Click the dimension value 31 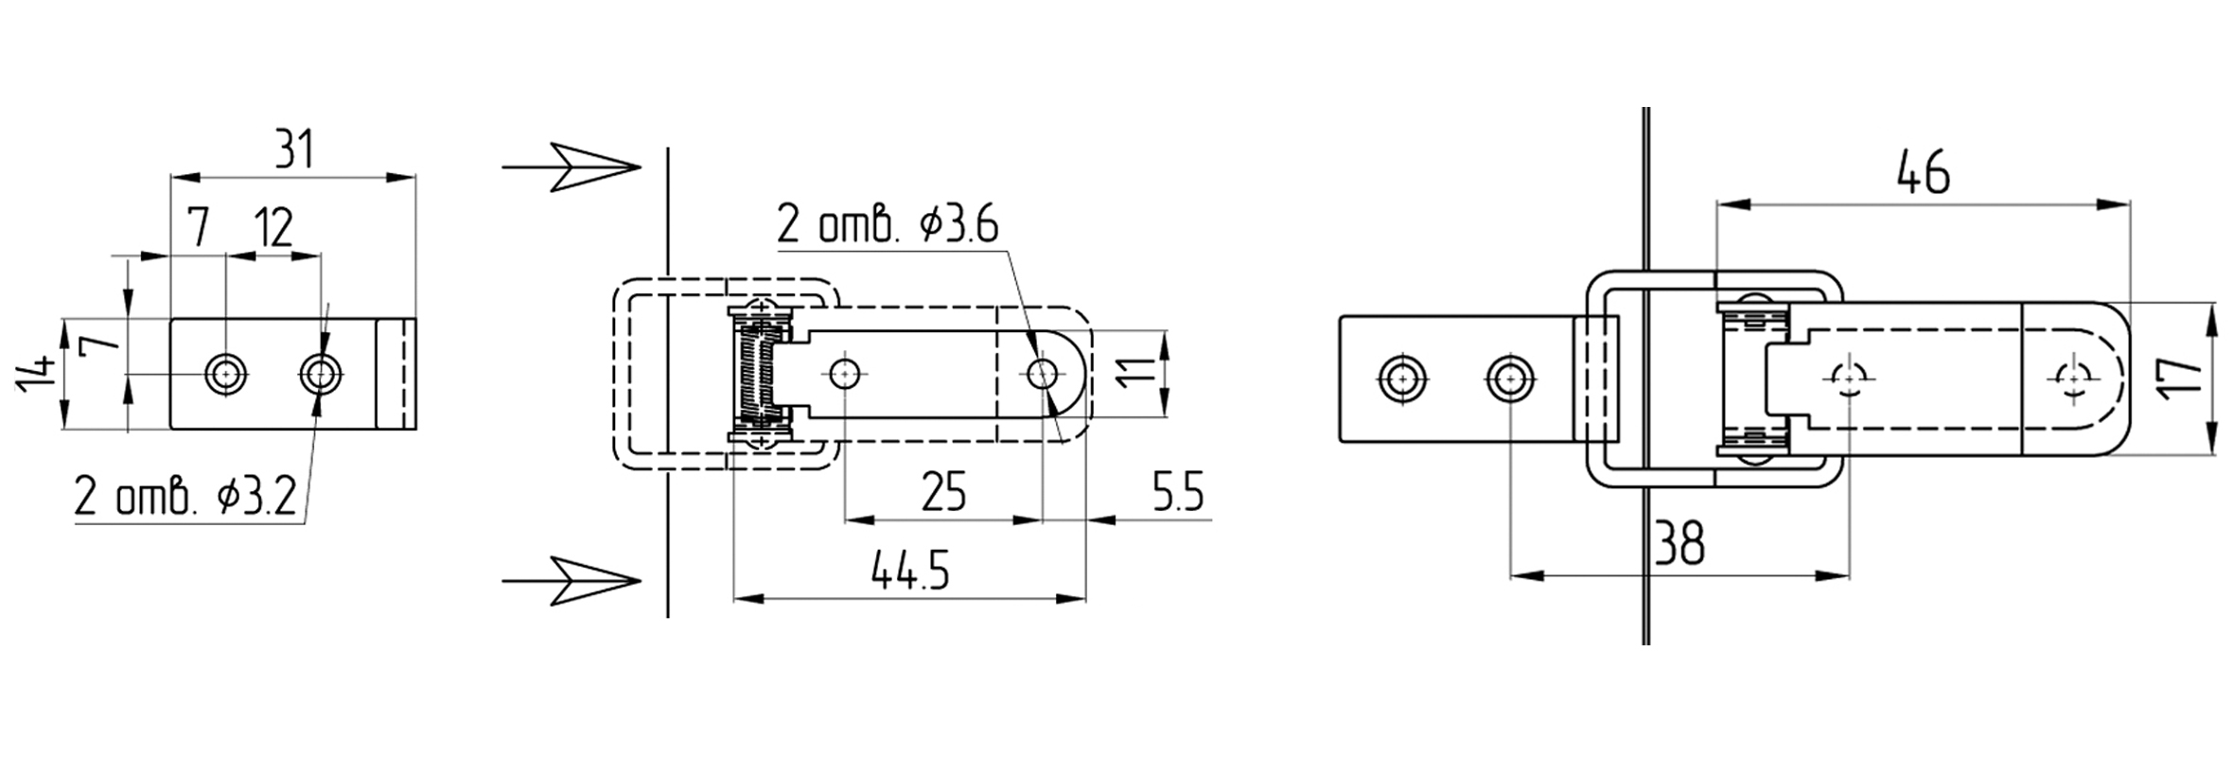coord(293,150)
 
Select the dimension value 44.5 coord(909,572)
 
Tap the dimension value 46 coord(1923,174)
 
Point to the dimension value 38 coord(1679,544)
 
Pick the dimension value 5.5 coord(1177,493)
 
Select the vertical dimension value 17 coord(2177,379)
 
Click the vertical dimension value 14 coord(35,375)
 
